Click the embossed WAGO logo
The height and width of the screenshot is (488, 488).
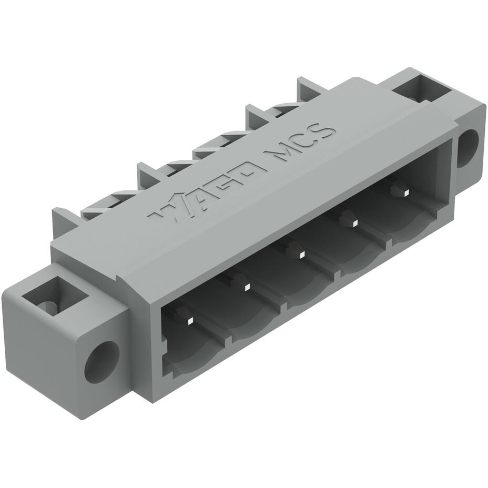[207, 192]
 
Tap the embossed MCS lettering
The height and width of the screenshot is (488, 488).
[301, 143]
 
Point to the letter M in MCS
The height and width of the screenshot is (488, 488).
[279, 153]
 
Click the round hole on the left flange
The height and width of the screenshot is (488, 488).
[101, 361]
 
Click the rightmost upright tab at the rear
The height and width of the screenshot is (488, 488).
[309, 88]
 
